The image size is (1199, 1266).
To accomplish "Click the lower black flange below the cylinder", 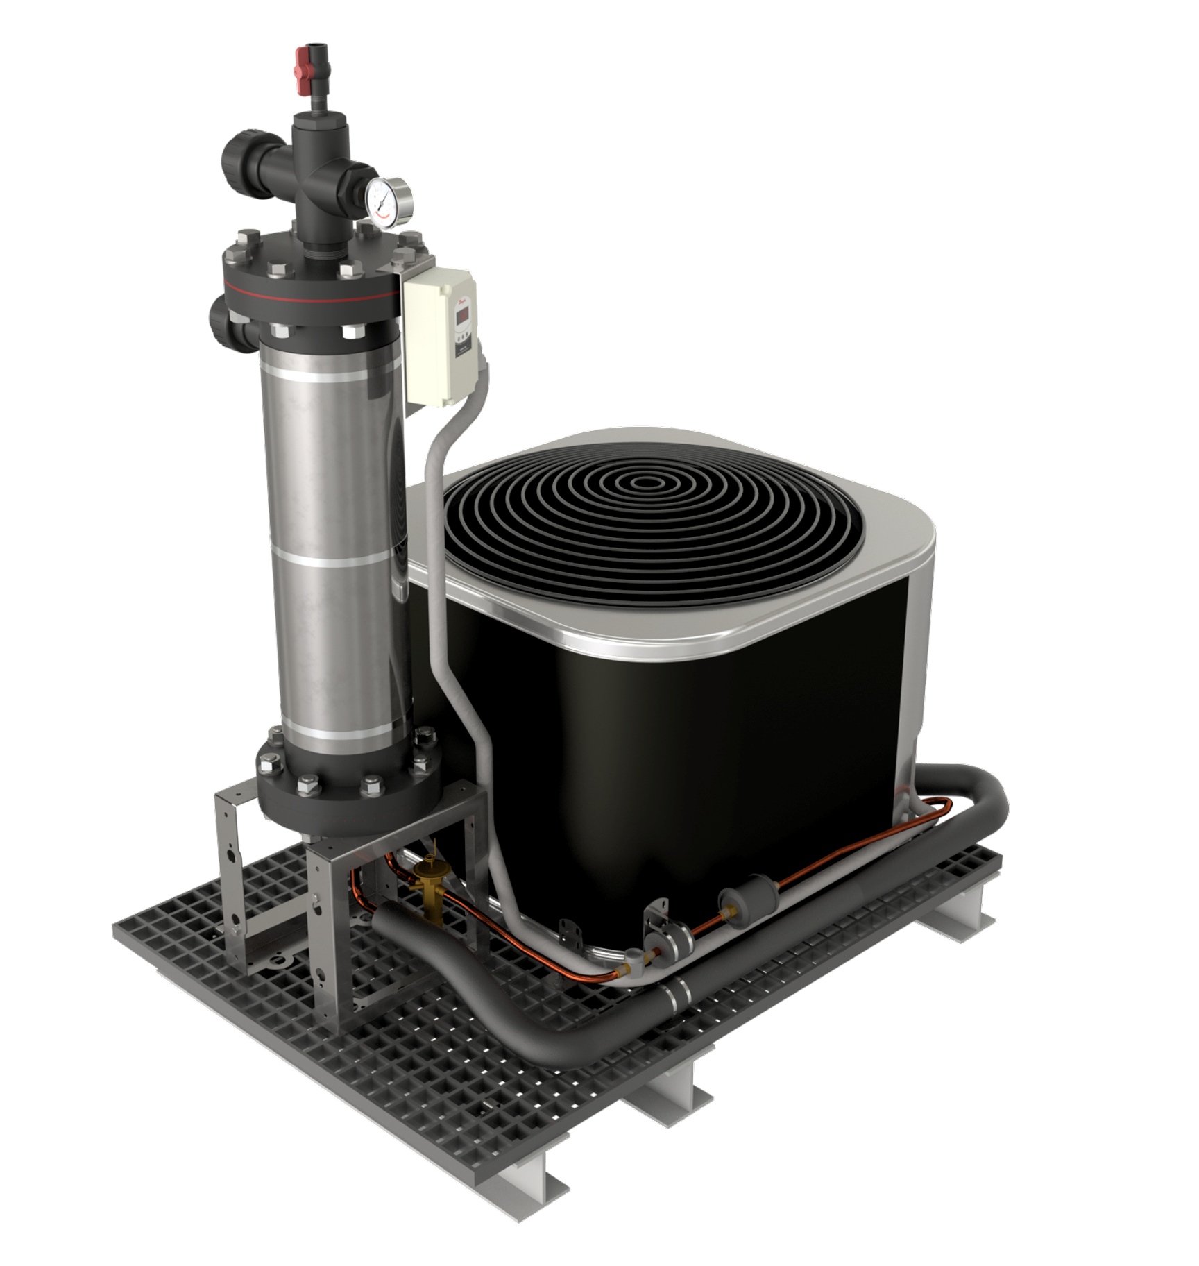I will click(x=347, y=798).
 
